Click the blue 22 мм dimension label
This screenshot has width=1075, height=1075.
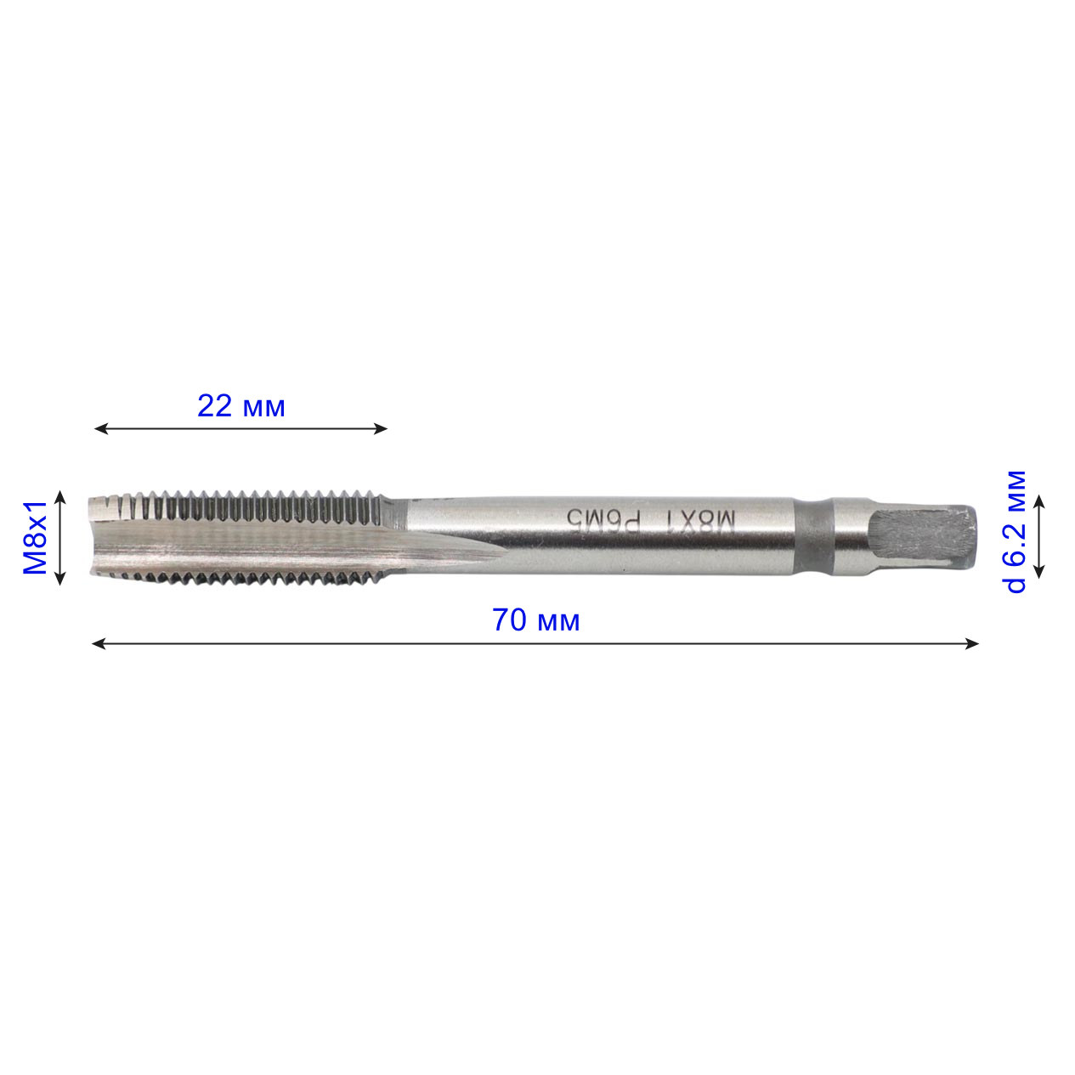point(241,407)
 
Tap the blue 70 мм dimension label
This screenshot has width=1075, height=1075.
point(535,620)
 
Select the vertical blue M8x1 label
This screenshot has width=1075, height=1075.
point(35,537)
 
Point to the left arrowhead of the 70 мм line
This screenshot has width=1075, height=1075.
point(99,644)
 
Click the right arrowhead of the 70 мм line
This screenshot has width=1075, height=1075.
point(971,644)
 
